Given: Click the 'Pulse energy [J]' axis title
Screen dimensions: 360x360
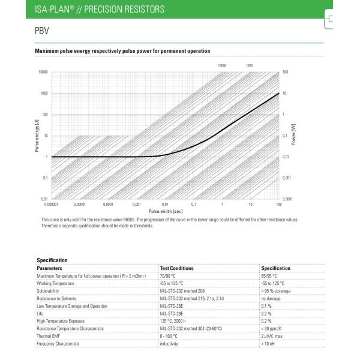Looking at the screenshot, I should tap(37, 135).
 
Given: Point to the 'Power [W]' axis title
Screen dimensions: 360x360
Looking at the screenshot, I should tap(293, 135).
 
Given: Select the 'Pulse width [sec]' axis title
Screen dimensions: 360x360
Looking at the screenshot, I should tap(165, 211).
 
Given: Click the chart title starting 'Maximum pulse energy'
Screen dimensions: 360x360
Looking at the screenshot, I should tap(122, 52).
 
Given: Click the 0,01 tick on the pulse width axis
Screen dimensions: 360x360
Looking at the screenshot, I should tap(165, 205).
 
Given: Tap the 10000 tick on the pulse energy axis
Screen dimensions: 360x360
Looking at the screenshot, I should tap(42, 72).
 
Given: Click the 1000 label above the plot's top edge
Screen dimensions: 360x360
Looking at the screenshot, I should tap(249, 64).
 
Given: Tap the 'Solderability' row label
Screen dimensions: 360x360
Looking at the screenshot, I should tap(50, 290).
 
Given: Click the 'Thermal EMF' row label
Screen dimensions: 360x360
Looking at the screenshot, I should tap(49, 336).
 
